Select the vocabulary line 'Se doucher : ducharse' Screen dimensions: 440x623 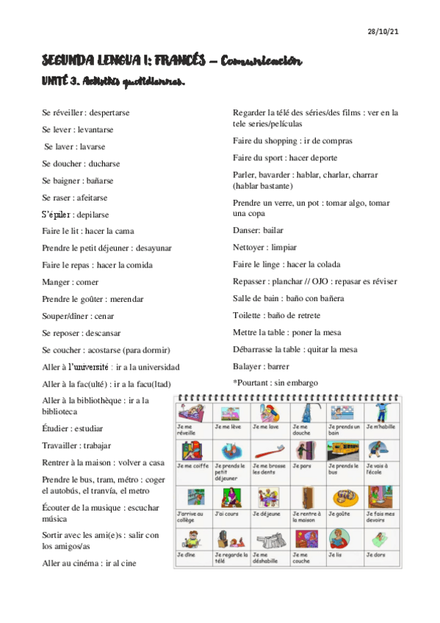[x=81, y=164]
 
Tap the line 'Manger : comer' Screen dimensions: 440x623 [x=71, y=282]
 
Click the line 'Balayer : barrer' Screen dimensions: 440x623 [x=261, y=366]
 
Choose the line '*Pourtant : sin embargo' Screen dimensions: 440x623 [x=275, y=383]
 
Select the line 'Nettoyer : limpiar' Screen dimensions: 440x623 [x=265, y=247]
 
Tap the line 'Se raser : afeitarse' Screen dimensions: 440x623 [x=75, y=198]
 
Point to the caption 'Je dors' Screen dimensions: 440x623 [x=375, y=555]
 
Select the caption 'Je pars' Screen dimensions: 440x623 [x=301, y=466]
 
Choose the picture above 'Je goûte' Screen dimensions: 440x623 [x=344, y=494]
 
